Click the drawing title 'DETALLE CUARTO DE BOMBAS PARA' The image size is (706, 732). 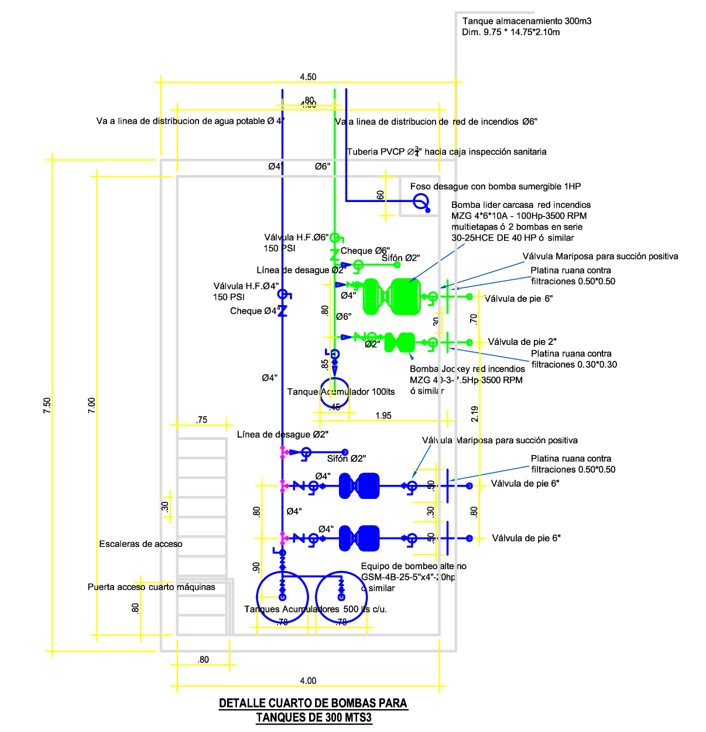[x=313, y=703]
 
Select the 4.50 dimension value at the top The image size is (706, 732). [x=308, y=77]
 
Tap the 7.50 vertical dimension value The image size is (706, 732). [x=47, y=405]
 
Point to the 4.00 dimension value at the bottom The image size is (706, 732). [x=308, y=680]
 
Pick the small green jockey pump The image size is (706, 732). [x=400, y=343]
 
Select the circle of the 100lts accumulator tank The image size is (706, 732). [x=335, y=393]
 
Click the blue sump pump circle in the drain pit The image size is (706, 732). [x=420, y=202]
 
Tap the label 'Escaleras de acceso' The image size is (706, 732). [x=140, y=544]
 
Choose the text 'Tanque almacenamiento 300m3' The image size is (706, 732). [x=526, y=21]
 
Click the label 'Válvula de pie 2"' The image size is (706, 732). [x=522, y=342]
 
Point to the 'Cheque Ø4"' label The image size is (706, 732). [x=255, y=311]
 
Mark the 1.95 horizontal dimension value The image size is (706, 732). [x=383, y=416]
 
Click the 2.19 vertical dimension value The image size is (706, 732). [x=475, y=413]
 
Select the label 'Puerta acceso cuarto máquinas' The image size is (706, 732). [x=151, y=587]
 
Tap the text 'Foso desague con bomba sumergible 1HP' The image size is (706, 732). [x=495, y=186]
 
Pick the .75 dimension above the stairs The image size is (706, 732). [x=201, y=420]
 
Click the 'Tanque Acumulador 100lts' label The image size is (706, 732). [x=341, y=392]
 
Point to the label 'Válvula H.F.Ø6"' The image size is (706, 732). [x=296, y=237]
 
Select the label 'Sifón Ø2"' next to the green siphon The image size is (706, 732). [x=401, y=258]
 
